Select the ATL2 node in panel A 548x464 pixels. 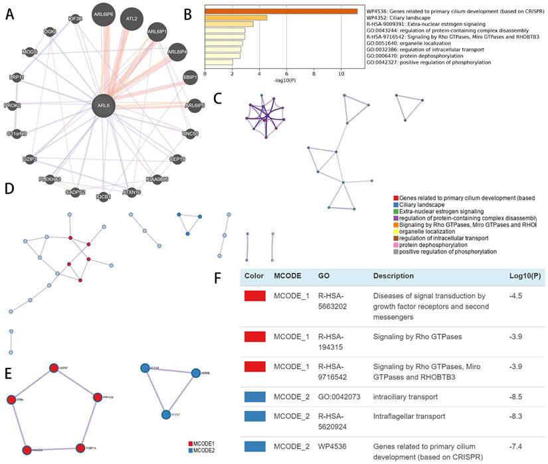(132, 19)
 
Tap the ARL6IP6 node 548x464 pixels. (104, 15)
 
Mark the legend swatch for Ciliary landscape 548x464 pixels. (396, 205)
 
